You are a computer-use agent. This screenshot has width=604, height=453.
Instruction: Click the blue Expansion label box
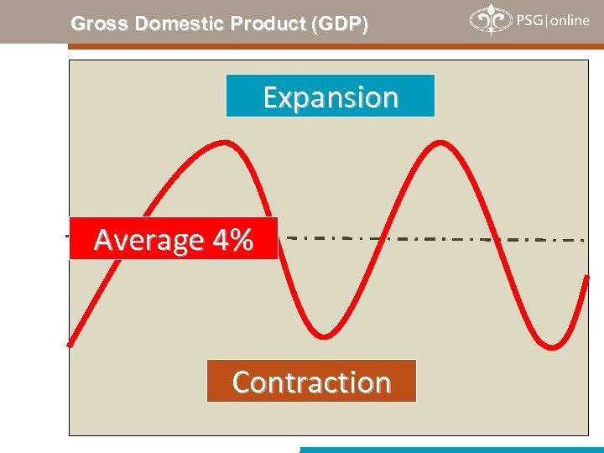click(331, 96)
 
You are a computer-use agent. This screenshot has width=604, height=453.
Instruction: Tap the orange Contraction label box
click(311, 382)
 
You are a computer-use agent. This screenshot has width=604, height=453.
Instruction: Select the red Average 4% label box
click(173, 239)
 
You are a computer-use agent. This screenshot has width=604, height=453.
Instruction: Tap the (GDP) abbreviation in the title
click(339, 24)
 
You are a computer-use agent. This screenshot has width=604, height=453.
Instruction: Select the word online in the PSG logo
click(570, 20)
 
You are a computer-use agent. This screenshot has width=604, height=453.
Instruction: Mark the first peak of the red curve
click(222, 142)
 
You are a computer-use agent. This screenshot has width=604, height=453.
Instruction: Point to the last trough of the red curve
click(551, 345)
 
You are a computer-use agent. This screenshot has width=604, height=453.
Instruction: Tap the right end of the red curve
click(587, 277)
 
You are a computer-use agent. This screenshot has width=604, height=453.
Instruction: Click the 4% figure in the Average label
click(232, 240)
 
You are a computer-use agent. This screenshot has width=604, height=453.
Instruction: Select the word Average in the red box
click(150, 240)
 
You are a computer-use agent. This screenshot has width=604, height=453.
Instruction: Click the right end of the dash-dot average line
click(583, 241)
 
